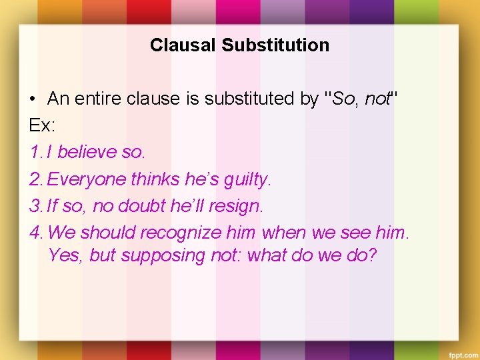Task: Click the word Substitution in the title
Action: point(275,45)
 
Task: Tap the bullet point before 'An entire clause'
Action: point(33,100)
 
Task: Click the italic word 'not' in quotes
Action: point(377,99)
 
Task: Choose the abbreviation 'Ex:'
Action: point(41,125)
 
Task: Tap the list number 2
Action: point(36,179)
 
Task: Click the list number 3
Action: point(36,206)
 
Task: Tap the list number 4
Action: point(36,233)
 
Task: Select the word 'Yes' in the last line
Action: point(62,255)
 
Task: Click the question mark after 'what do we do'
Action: point(372,255)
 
